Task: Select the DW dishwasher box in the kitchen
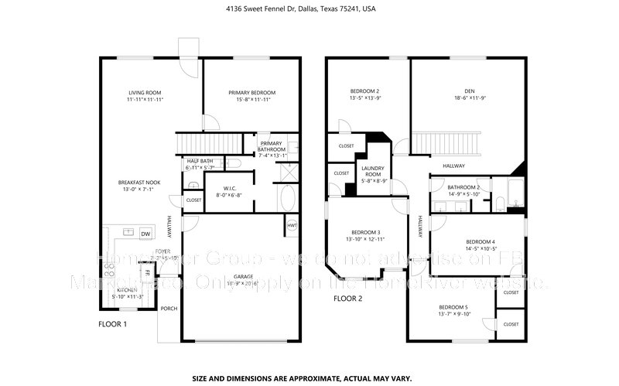[x=145, y=234]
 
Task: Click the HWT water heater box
[x=292, y=226]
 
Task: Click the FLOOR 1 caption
[x=112, y=324]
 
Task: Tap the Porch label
[x=169, y=309]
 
